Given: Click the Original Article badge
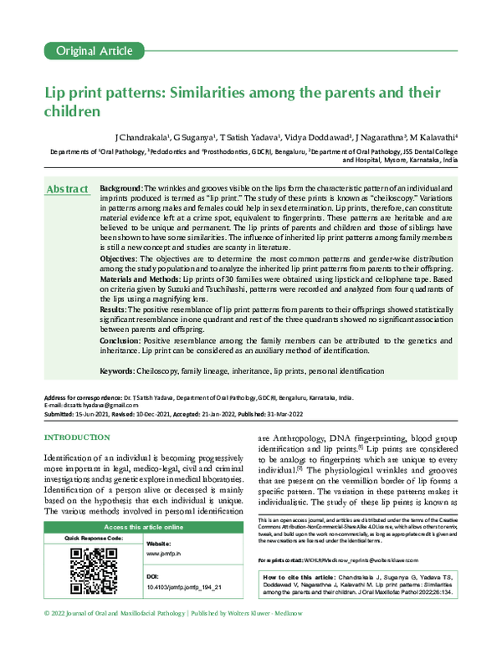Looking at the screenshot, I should [88, 52].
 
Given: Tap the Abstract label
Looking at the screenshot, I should [68, 190].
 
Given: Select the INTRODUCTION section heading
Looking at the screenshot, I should [76, 437].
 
